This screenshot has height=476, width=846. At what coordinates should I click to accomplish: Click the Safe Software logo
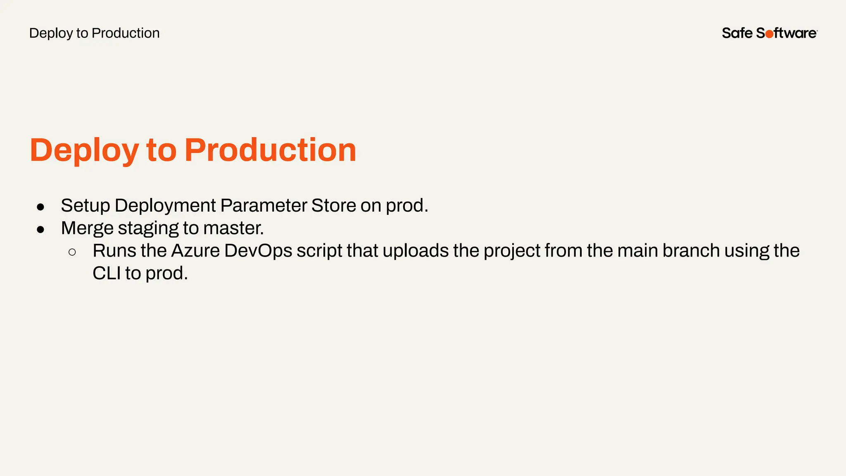[x=769, y=33]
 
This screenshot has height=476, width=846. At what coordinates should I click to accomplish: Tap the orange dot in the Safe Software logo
[x=769, y=34]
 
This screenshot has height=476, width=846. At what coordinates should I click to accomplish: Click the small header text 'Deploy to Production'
[x=94, y=33]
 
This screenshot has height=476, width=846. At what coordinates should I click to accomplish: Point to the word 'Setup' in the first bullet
[x=85, y=206]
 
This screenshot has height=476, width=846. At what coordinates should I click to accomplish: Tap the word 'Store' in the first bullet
[x=333, y=206]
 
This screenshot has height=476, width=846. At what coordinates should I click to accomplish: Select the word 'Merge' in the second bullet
[x=87, y=228]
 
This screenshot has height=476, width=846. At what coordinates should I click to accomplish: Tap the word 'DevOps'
[x=258, y=251]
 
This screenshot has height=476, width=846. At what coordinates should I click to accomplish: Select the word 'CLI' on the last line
[x=107, y=274]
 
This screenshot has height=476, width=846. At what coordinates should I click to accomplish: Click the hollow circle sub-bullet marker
[x=72, y=252]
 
